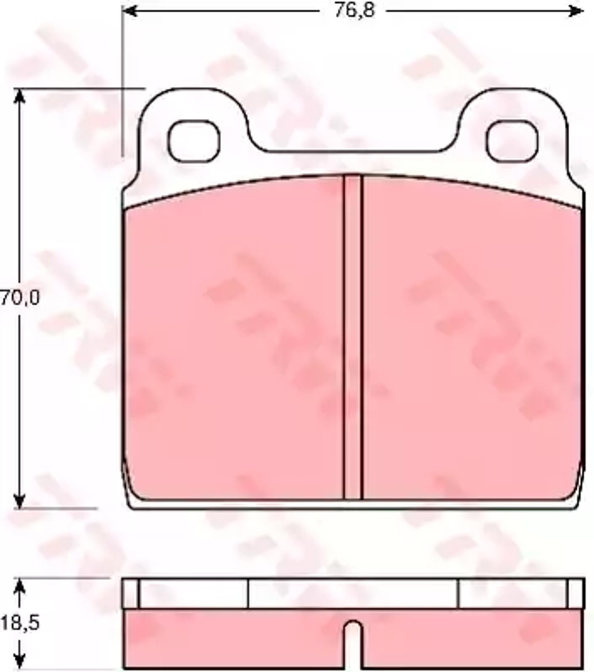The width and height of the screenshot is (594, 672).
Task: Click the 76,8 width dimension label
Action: point(354,11)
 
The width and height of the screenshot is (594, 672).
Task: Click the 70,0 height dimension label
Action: point(19,298)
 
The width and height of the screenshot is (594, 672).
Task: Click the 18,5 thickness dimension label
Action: point(20,623)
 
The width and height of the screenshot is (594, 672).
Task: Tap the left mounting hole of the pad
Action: point(194,141)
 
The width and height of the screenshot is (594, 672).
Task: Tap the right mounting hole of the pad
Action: point(512,141)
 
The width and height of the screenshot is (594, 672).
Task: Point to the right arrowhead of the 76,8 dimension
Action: point(576,11)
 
